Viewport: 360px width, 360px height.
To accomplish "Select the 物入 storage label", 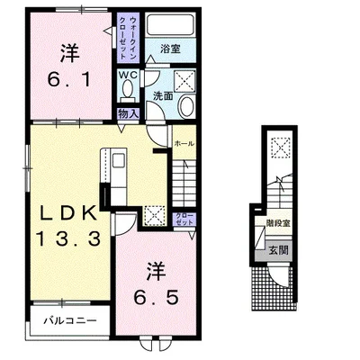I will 128,113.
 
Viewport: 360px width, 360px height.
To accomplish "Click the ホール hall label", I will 184,143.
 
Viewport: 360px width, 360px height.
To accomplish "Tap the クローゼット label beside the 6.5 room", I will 182,220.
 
